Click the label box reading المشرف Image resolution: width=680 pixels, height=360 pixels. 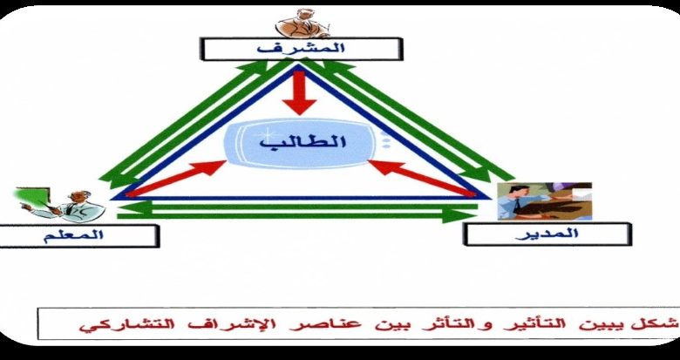302,49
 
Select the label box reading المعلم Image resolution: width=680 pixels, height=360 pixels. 78,236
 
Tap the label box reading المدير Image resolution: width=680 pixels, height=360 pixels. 547,234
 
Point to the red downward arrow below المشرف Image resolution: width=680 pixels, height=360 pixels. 299,91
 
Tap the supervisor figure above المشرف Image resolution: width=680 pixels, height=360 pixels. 303,24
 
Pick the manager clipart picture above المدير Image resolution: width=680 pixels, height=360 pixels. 545,200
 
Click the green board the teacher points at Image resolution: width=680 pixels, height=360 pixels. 32,196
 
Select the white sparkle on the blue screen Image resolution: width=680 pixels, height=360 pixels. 266,132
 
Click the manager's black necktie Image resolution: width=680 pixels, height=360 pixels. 517,206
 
